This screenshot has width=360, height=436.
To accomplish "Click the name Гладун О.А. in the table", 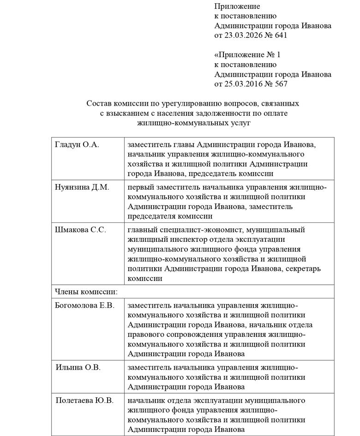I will pos(77,144).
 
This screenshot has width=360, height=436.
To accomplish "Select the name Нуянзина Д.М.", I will pos(81,187).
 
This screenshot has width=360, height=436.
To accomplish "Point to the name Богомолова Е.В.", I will pos(84,305).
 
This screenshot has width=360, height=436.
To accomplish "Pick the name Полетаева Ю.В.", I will pos(84,400).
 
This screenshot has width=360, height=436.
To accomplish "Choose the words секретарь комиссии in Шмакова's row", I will pos(286,269).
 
